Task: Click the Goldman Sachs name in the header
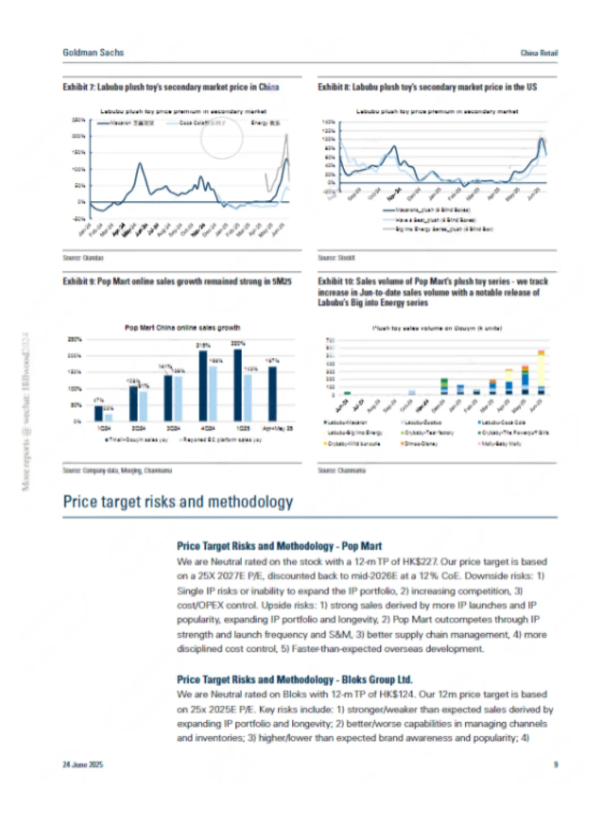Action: coord(93,53)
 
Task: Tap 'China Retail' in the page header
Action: coord(539,53)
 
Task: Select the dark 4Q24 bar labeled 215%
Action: coord(203,385)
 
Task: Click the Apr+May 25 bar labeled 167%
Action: coord(273,393)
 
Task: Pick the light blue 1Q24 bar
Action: coord(108,417)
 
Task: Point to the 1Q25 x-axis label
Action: coord(243,429)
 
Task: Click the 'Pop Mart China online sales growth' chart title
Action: coord(182,328)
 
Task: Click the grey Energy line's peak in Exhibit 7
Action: coord(287,135)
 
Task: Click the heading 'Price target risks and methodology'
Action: coord(178,502)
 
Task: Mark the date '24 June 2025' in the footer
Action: coord(83,765)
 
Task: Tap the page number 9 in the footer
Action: coord(555,765)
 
